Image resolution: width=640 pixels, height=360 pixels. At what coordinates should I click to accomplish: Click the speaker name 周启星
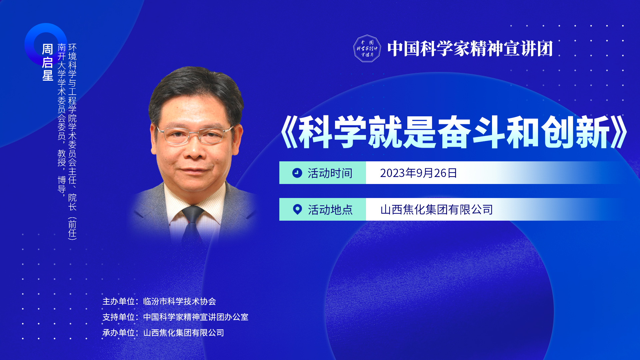click(48, 62)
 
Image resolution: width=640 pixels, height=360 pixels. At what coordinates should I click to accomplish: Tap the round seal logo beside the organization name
click(367, 49)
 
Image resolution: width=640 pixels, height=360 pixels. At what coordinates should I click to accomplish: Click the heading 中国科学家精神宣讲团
click(470, 49)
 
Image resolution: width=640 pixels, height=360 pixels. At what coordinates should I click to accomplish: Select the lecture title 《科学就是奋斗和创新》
click(454, 132)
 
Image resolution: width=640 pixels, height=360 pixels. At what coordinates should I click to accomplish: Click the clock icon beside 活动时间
click(297, 173)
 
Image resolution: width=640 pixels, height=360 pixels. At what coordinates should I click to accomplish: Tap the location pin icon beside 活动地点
click(297, 209)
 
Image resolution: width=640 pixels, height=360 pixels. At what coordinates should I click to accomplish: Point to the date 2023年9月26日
click(418, 173)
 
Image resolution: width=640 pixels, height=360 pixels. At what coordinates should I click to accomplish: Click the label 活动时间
click(330, 173)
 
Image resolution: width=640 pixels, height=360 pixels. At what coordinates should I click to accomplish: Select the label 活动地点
click(330, 210)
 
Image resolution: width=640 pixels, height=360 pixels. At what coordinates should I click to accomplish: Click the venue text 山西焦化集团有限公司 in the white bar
click(436, 210)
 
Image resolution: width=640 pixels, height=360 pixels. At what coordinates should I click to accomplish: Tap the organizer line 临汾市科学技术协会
click(180, 301)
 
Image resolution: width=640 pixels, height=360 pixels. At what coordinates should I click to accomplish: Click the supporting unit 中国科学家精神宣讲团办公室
click(196, 317)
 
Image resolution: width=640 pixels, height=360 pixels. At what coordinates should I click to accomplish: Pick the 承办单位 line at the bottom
click(163, 333)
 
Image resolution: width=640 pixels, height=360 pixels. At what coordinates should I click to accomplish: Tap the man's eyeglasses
click(195, 135)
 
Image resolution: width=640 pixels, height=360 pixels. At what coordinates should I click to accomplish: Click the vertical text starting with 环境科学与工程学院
click(72, 142)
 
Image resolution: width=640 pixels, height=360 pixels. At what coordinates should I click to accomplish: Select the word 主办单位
click(118, 301)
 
